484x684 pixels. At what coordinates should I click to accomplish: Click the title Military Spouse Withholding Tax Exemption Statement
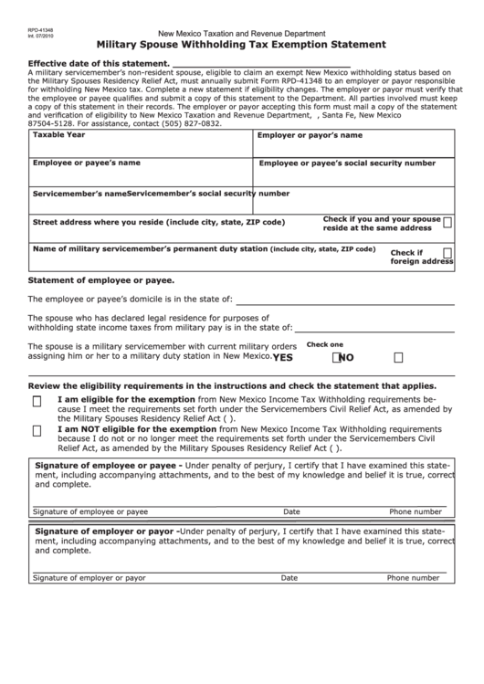point(241,44)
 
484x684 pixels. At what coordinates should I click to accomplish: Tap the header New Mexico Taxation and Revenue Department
point(241,31)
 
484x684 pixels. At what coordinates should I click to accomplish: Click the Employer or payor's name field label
point(310,135)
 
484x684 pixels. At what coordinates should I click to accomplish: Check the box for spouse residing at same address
point(447,222)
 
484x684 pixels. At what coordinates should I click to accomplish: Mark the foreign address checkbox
point(447,252)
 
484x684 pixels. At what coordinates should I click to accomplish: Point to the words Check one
point(324,345)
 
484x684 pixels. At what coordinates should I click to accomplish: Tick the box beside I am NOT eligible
point(37,431)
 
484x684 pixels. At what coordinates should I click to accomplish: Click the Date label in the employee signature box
point(291,512)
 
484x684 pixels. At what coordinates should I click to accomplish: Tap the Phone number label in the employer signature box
point(414,578)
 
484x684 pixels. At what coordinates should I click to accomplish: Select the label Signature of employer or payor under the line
point(89,578)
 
